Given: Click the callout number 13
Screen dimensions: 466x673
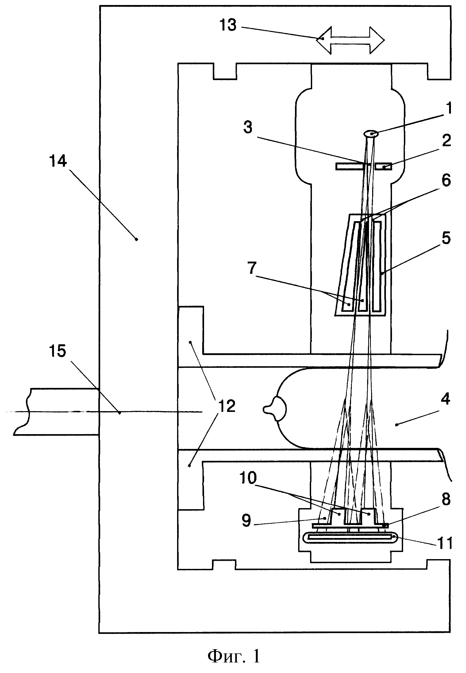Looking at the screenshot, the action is [228, 25].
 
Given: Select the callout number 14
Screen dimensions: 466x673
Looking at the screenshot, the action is [58, 161].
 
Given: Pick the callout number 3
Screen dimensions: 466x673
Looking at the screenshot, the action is [248, 128].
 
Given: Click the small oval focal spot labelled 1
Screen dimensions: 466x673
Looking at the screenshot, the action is [371, 134].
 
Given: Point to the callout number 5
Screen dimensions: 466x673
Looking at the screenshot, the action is [446, 238].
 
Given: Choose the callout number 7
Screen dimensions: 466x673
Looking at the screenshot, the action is [252, 268].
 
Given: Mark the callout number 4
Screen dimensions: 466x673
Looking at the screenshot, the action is [445, 399].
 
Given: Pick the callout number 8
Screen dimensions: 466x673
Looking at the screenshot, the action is [446, 499].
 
